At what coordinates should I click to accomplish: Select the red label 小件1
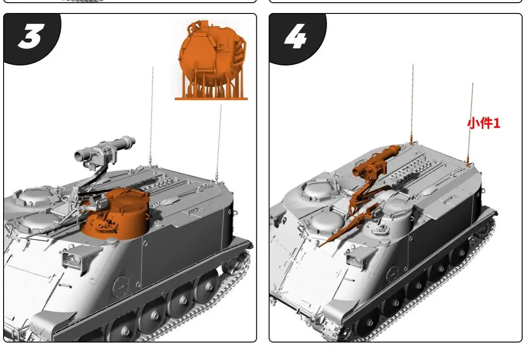(483, 123)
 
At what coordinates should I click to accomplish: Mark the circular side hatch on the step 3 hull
(121, 284)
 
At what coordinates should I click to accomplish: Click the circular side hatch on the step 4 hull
(392, 273)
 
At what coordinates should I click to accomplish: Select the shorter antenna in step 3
(219, 139)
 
